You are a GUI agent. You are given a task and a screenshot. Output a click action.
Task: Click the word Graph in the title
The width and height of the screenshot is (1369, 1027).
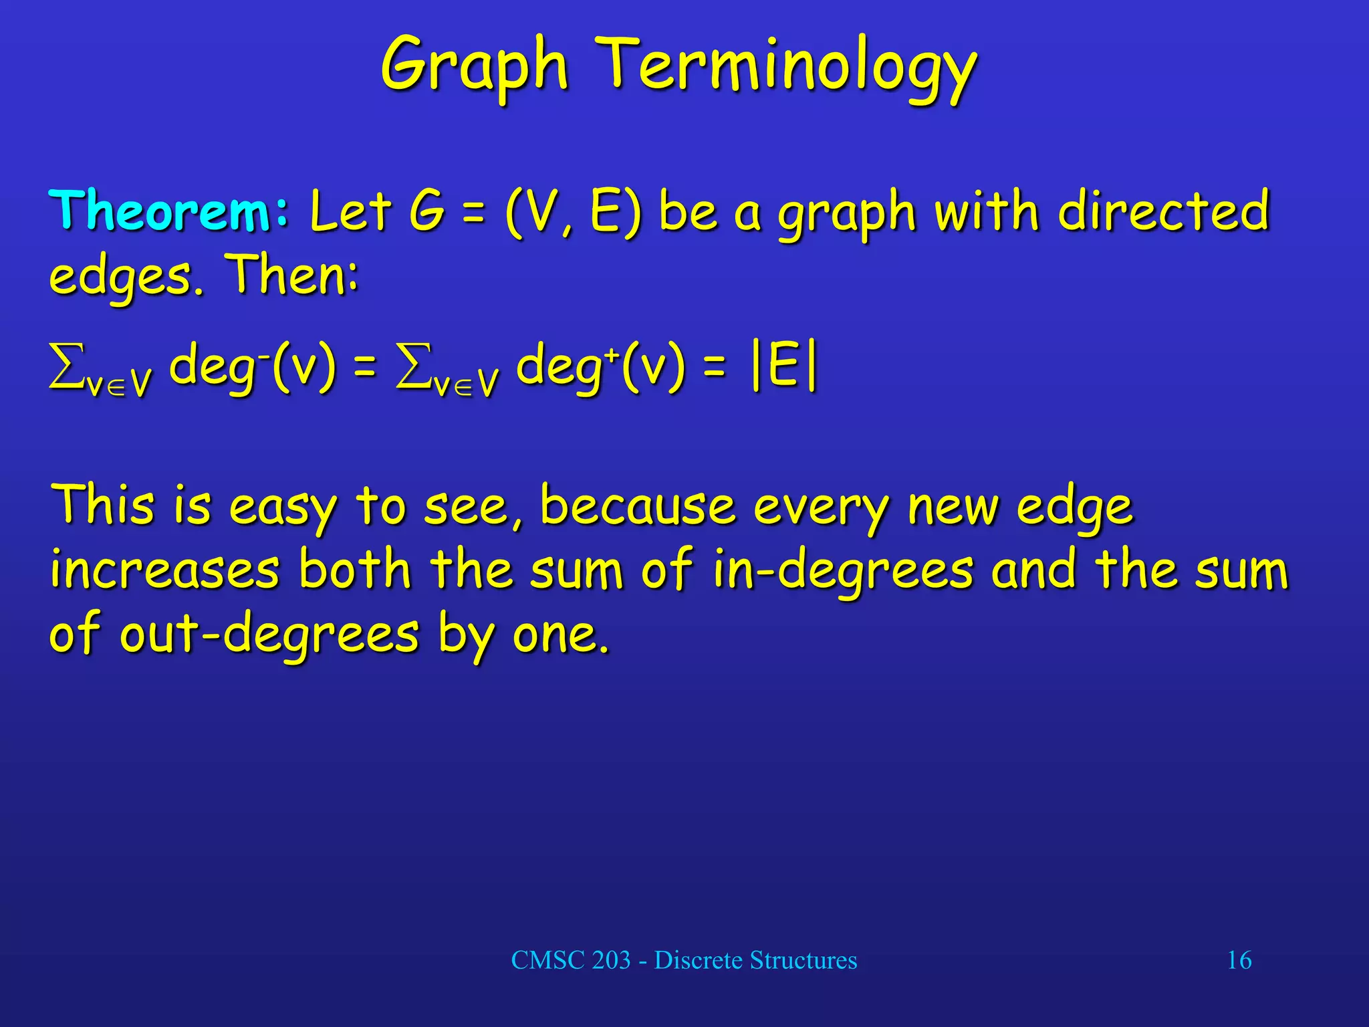coord(475,67)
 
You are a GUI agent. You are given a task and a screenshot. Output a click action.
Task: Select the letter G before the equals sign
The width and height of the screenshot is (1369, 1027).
coord(426,211)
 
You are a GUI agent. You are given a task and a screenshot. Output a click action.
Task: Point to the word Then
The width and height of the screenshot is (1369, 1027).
coord(291,274)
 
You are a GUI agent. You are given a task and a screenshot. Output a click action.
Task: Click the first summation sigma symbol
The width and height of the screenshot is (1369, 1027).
coord(67,366)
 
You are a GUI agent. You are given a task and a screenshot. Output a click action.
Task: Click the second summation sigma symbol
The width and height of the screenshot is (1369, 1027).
coord(413,366)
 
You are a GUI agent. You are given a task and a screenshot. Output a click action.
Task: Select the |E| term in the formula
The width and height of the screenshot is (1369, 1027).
coord(785,368)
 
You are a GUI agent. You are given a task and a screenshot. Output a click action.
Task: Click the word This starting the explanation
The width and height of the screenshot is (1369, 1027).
coord(103,504)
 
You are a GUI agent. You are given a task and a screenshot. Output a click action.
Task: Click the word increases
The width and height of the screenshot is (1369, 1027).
coord(164,570)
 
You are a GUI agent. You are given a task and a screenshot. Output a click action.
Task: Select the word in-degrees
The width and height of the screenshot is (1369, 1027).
coord(842,571)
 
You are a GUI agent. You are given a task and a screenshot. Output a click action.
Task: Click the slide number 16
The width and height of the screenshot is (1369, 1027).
coord(1239,960)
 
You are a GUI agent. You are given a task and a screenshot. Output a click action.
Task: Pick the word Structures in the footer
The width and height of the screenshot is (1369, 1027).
coord(803,960)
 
